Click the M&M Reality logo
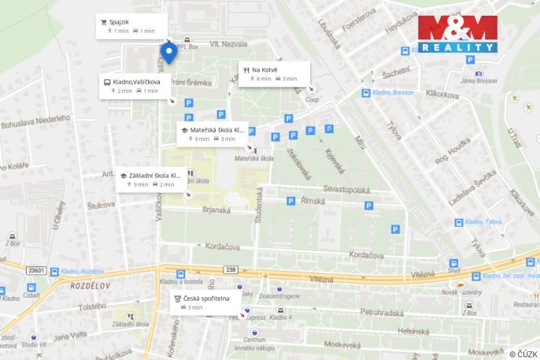(457, 34)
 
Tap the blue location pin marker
(168, 54)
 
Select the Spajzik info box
(131, 26)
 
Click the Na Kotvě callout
(272, 73)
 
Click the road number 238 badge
(230, 269)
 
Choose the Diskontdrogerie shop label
(281, 296)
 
